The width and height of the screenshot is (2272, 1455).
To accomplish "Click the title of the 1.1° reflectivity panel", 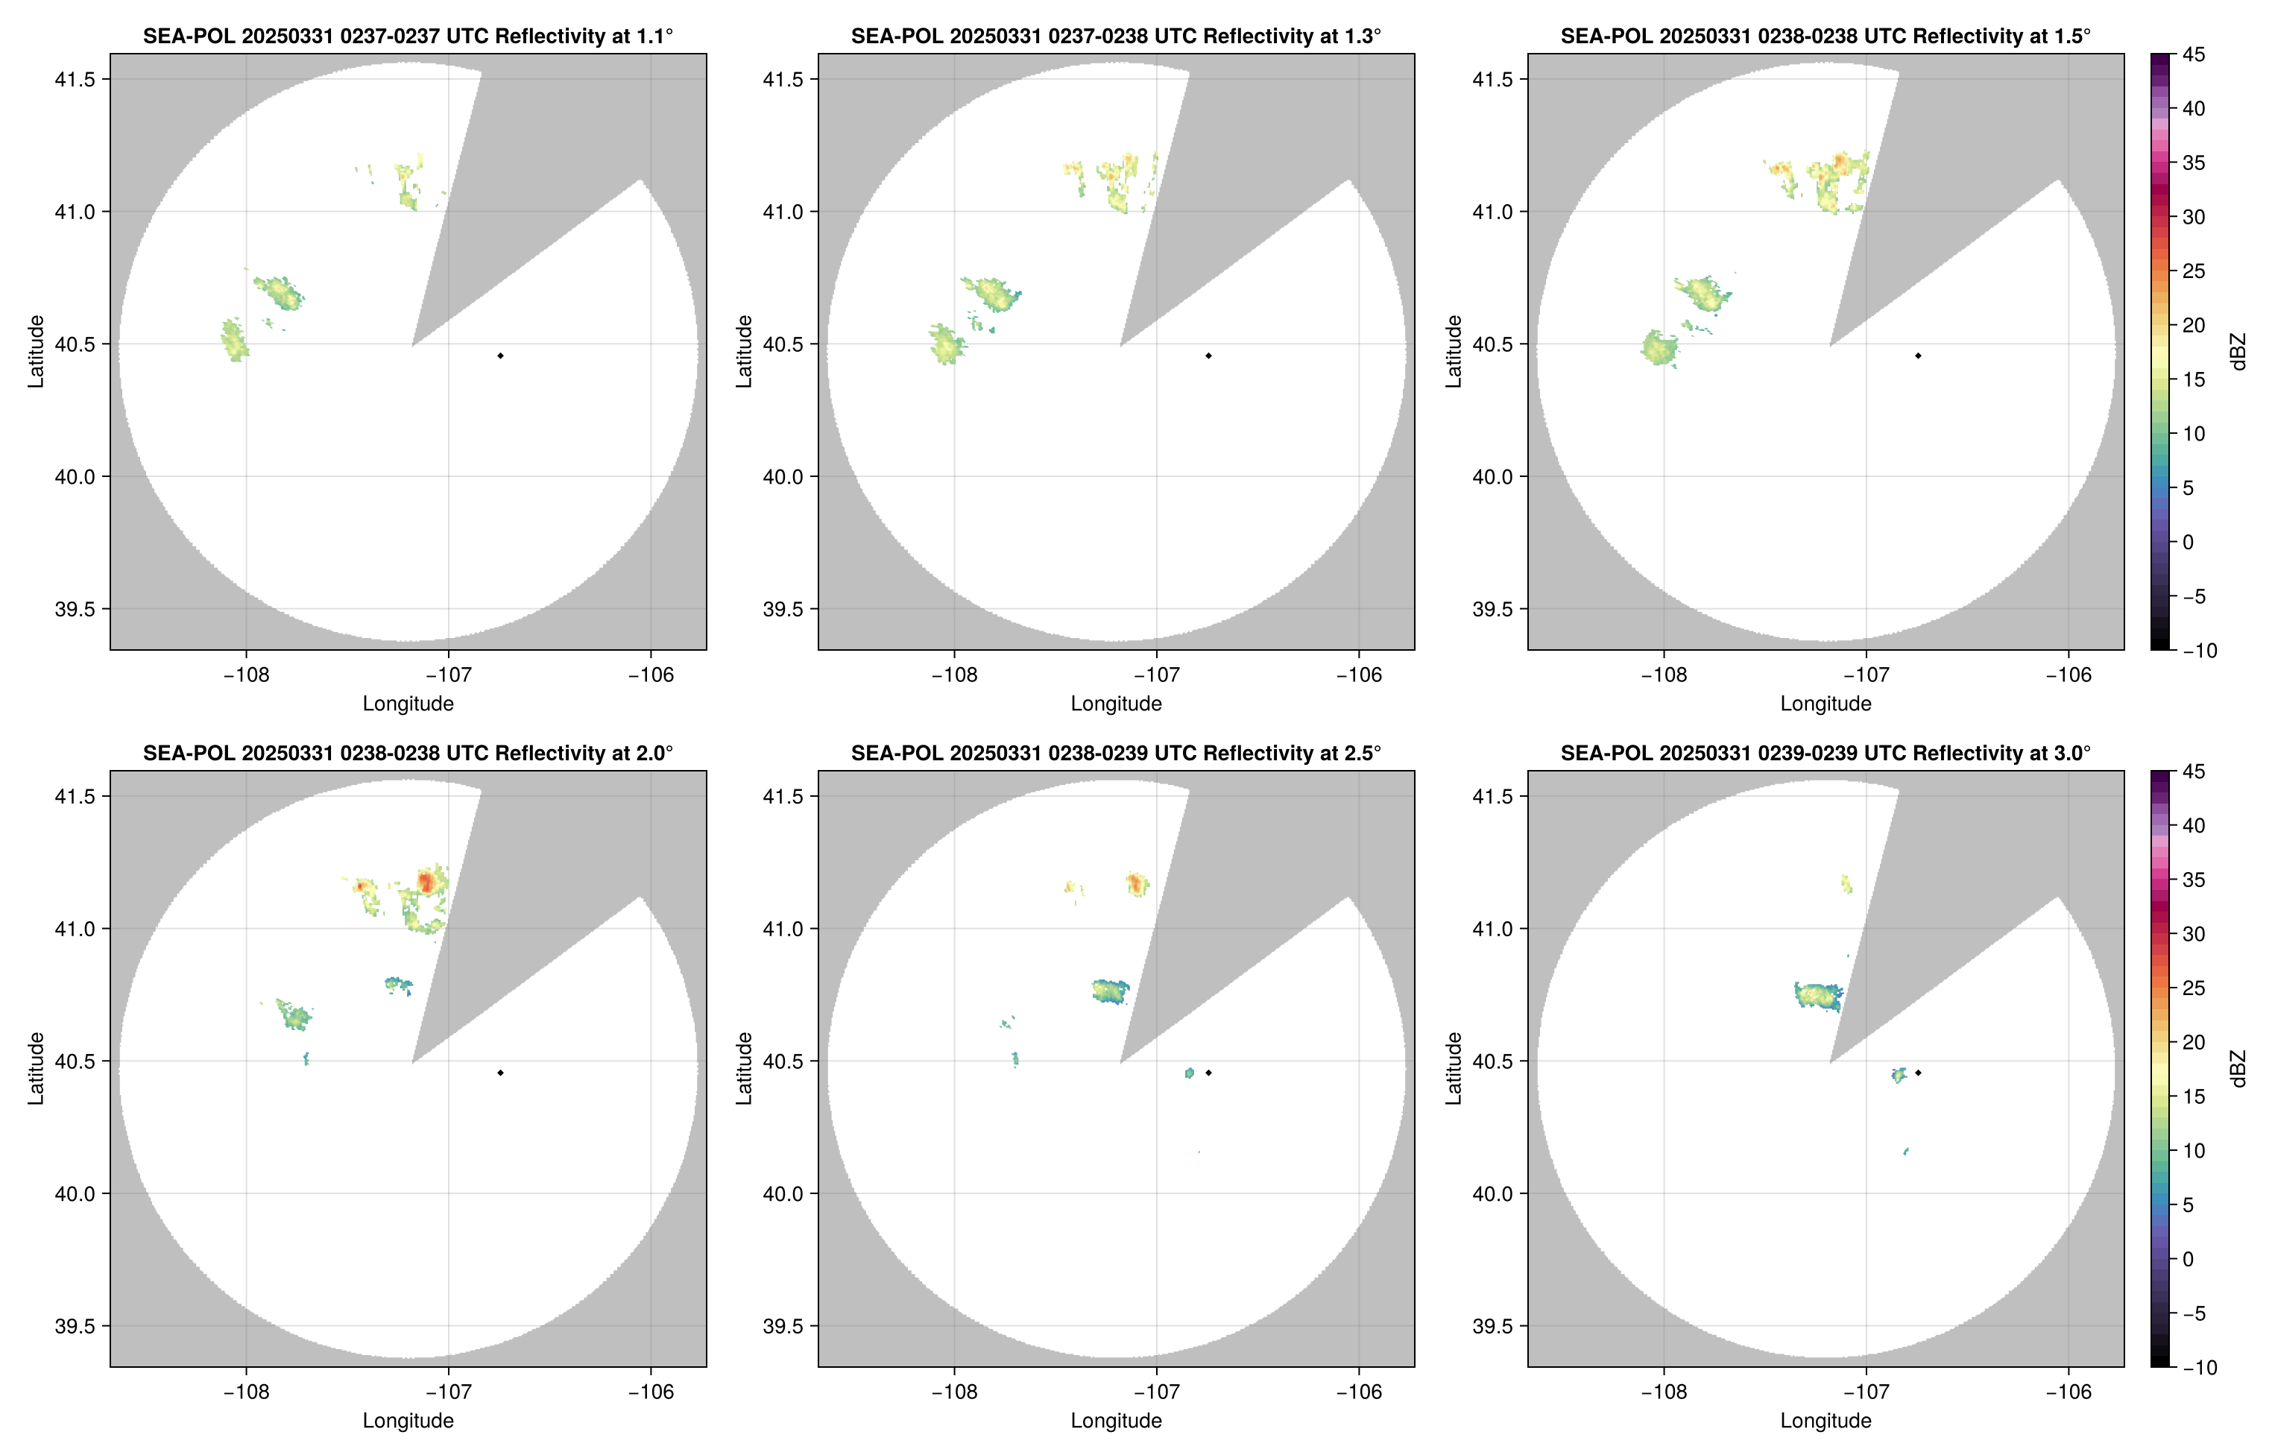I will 407,36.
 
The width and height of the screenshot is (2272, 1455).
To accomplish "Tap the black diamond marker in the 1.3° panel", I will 1208,356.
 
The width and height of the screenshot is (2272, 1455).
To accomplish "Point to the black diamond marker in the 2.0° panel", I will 499,1073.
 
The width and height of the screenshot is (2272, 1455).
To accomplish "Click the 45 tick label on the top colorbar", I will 2194,55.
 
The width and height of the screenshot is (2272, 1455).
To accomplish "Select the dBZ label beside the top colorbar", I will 2237,352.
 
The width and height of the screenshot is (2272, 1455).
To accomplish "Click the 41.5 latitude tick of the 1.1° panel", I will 75,79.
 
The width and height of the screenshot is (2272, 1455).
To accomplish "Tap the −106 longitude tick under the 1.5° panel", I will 2068,675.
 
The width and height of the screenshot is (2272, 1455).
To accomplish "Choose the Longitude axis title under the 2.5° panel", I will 1116,1420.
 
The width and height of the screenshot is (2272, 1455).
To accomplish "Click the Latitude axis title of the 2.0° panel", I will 36,1067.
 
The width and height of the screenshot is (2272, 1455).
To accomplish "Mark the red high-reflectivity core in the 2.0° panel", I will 425,883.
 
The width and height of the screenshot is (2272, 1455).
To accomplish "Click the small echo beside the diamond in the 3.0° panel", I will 1899,1074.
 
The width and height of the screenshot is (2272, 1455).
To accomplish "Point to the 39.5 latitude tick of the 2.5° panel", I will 783,1325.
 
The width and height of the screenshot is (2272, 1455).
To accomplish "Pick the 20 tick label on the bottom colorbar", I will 2194,1042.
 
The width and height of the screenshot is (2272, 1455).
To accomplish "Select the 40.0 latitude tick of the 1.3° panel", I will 783,477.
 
